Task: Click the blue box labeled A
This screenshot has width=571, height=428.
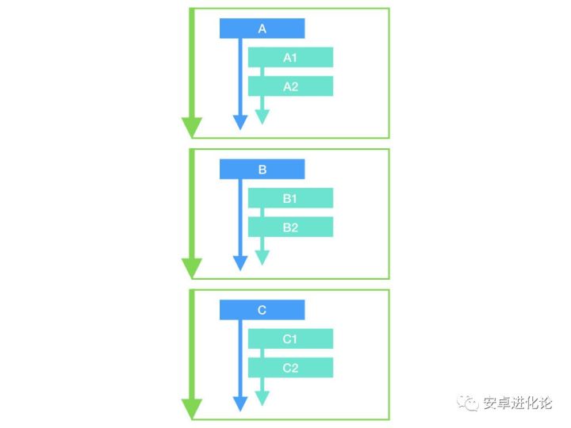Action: pos(262,29)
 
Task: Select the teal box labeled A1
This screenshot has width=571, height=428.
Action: pos(290,57)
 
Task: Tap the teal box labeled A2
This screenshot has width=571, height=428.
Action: pos(290,86)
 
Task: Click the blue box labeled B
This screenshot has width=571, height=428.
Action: pos(262,170)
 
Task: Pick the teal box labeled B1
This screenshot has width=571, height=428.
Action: pos(290,198)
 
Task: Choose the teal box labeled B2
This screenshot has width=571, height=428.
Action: pos(290,227)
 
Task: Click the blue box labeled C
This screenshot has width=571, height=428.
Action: pos(262,310)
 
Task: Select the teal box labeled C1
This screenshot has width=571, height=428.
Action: pos(290,338)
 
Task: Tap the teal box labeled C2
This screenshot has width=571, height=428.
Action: pos(290,367)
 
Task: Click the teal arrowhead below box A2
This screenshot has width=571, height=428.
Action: pos(262,117)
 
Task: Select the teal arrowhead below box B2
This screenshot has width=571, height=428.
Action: pos(262,258)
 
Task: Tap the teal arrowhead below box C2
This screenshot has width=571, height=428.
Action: pos(262,399)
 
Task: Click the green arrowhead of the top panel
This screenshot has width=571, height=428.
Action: pos(191,127)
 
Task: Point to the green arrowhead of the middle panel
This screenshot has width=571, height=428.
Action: pos(191,268)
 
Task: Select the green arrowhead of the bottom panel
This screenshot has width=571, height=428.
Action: pos(191,408)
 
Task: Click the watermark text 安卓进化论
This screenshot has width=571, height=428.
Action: pos(518,403)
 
